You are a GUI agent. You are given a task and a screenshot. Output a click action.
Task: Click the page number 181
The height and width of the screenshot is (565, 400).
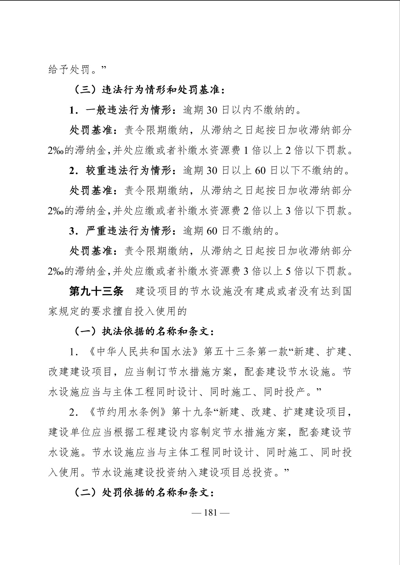point(210,513)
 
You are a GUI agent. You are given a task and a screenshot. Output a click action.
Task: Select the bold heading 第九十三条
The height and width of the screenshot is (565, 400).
point(96,291)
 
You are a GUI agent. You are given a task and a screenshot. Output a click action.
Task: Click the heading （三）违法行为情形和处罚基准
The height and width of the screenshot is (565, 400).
point(149,90)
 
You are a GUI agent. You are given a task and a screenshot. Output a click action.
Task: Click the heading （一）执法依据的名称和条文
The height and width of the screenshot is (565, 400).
point(144,332)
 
